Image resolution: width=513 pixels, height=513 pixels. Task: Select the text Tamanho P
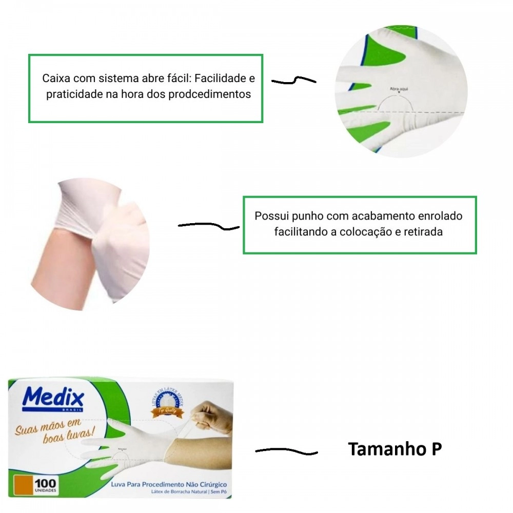coord(394,449)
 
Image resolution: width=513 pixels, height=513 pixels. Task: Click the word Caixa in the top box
coord(56,80)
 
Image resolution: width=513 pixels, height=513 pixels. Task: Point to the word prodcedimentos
coord(209,95)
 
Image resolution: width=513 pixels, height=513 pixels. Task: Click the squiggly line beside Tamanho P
coord(286,451)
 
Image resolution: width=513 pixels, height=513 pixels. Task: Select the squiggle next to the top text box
coord(293,81)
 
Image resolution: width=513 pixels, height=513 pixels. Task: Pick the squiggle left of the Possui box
coord(208,225)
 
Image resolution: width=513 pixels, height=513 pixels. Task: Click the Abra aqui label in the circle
coord(399,89)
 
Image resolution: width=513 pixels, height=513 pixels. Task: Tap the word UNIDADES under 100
coord(46,490)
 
